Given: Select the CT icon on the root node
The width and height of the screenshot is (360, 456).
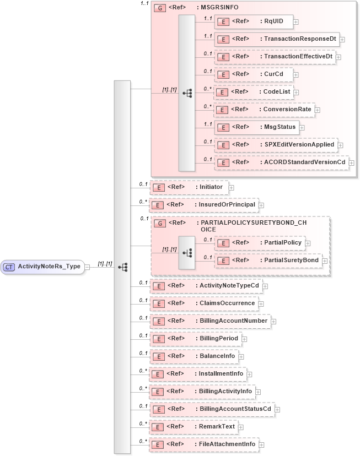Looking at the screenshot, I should click(9, 267).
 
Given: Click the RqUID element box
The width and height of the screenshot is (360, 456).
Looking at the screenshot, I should click(254, 22).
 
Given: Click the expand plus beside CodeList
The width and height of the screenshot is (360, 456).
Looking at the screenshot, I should click(296, 92).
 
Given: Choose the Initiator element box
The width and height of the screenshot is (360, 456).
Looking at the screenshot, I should click(189, 188).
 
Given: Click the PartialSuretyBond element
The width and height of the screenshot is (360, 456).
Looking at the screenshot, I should click(268, 260).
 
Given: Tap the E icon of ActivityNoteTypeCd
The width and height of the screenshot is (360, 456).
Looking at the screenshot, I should click(158, 286).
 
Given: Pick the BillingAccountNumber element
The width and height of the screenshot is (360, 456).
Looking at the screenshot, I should click(209, 321).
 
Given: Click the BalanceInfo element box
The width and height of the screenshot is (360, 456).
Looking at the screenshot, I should click(194, 356).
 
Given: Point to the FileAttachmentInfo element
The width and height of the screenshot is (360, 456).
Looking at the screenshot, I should click(204, 444).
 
